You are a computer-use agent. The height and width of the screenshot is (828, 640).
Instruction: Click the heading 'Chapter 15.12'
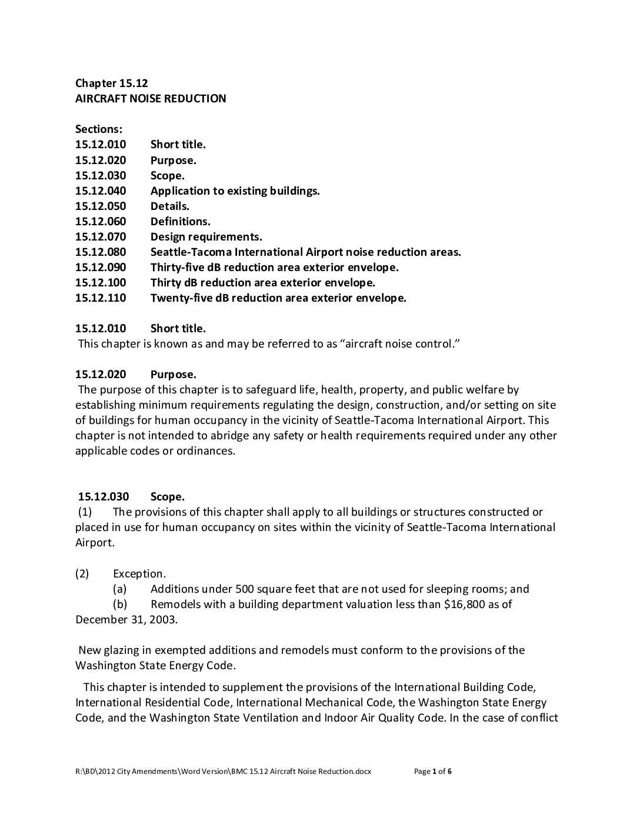[111, 83]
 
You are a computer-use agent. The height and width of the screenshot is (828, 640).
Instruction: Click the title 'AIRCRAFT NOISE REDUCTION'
[151, 98]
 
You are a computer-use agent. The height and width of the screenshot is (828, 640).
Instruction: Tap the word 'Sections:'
[99, 129]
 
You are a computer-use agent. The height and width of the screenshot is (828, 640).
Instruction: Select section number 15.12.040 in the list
[101, 191]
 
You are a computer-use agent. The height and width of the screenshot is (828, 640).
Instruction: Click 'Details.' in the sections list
[170, 206]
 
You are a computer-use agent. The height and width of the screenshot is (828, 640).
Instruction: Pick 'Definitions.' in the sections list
[180, 221]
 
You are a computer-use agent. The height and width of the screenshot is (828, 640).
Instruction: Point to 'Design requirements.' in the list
[206, 236]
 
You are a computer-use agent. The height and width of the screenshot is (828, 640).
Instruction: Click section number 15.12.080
[101, 252]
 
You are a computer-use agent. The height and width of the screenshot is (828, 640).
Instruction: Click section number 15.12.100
[101, 282]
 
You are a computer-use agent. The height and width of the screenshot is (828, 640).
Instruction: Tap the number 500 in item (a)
[244, 589]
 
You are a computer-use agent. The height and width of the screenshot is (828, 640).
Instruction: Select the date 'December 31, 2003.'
[126, 619]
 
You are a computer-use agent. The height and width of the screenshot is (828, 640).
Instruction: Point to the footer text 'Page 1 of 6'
[433, 772]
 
